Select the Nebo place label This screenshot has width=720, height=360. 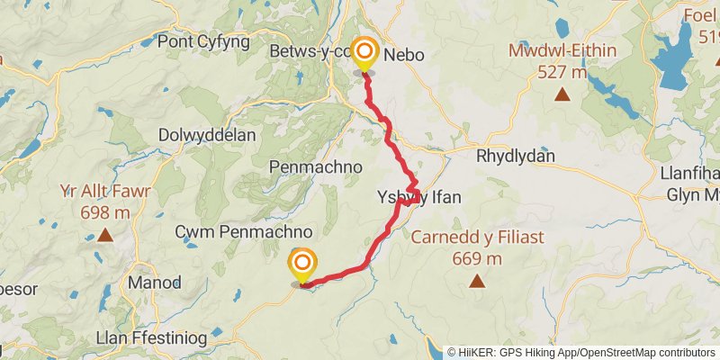[x=404, y=56]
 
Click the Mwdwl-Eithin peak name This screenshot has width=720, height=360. [x=562, y=50]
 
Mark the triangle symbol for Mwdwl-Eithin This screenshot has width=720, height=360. [x=562, y=94]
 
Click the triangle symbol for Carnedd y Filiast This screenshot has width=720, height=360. [x=476, y=282]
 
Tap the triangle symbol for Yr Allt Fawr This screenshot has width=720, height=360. [x=104, y=236]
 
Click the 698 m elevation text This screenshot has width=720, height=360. [x=105, y=212]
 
